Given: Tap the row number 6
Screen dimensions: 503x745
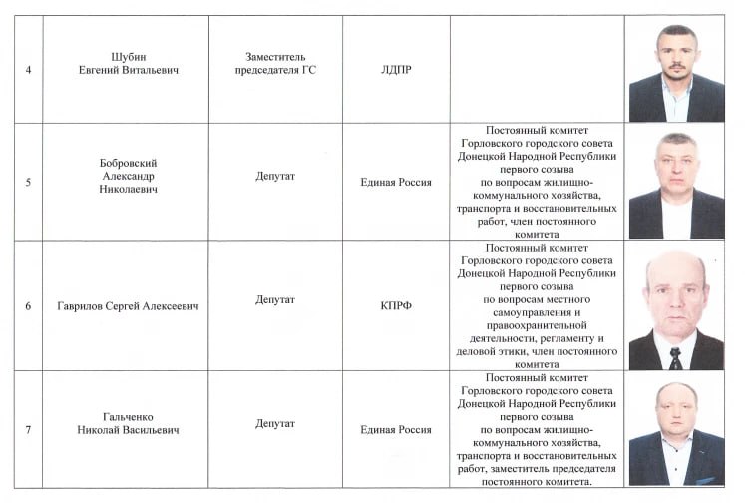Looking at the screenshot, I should pos(27,305).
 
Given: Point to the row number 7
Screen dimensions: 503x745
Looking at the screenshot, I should pos(27,429).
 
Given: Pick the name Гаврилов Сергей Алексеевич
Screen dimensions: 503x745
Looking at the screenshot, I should pos(127,305).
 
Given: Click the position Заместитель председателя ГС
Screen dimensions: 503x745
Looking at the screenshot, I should pos(274,62).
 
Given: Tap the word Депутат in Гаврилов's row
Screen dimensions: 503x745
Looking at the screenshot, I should pos(274,298).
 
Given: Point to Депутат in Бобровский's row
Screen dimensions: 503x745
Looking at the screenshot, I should pos(274,176).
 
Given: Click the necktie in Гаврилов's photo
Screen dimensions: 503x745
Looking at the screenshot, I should pos(676,358).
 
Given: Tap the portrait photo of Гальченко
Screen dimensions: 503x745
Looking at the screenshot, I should pos(676,432).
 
